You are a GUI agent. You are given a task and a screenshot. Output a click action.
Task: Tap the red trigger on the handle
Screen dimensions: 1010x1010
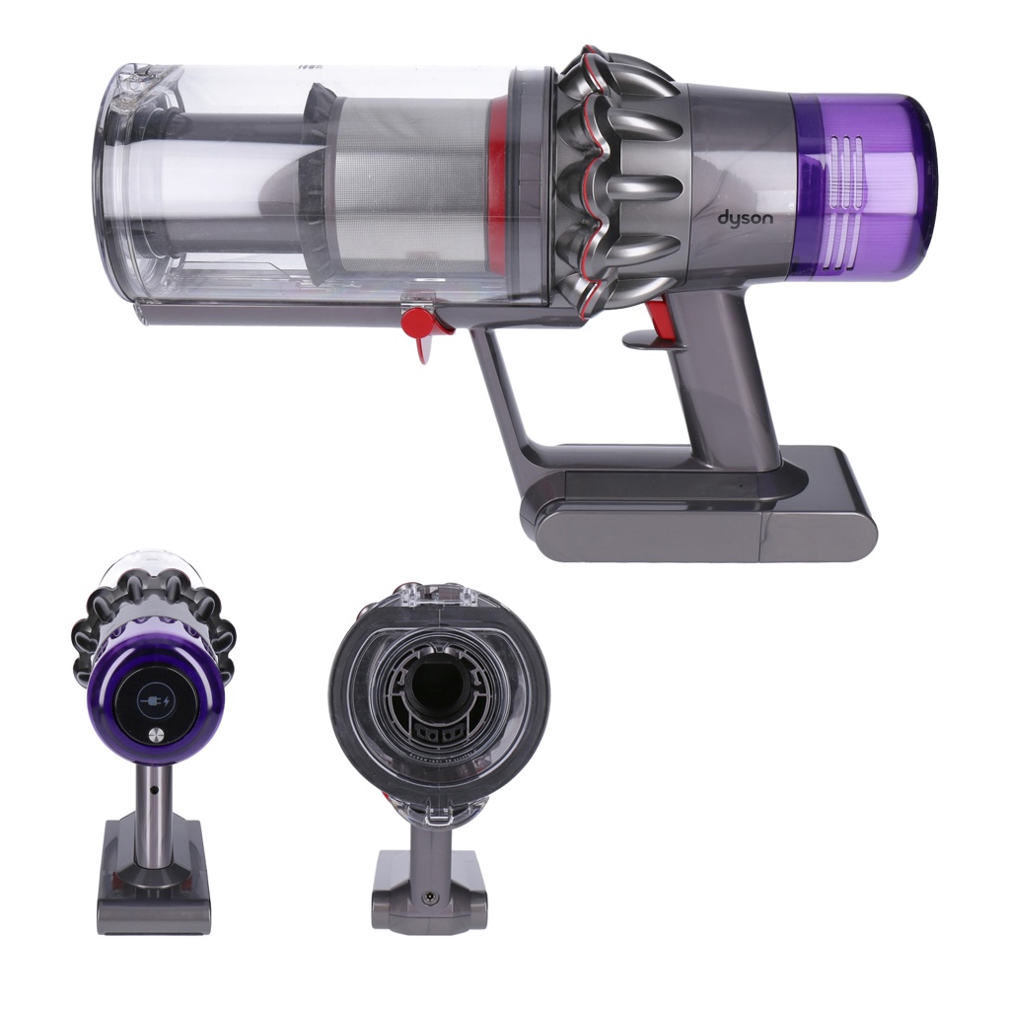point(658,321)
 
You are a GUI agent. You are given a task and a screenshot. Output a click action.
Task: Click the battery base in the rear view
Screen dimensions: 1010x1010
point(154,902)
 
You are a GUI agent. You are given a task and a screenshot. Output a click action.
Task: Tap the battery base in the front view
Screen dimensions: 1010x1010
point(430,893)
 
